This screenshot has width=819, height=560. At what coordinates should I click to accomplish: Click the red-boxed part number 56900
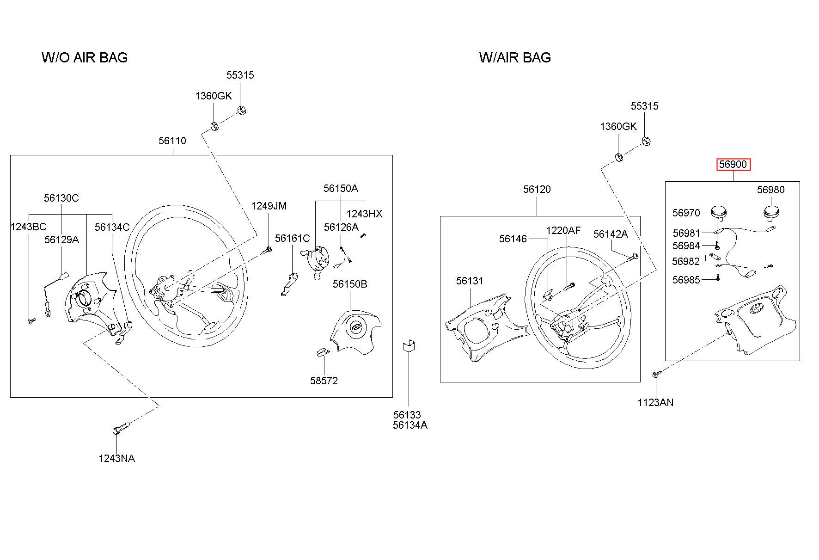(733, 164)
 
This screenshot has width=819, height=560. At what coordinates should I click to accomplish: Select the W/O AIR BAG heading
(85, 57)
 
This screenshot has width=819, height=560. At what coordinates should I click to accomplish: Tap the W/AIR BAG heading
(515, 57)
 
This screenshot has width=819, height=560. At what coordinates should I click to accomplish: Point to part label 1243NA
(117, 458)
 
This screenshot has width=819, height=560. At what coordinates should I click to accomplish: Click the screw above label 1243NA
(121, 428)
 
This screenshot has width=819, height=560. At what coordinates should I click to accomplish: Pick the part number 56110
(172, 141)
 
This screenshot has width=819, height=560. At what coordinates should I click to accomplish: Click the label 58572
(324, 381)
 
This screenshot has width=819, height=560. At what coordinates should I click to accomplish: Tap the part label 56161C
(293, 238)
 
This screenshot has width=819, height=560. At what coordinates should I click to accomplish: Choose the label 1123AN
(655, 402)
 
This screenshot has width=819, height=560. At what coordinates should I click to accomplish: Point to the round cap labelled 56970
(719, 212)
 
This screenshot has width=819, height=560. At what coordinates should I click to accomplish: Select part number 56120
(537, 189)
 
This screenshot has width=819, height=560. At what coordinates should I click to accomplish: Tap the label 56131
(470, 281)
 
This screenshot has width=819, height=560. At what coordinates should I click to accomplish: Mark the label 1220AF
(563, 230)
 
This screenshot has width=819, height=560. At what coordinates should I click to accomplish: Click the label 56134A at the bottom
(410, 425)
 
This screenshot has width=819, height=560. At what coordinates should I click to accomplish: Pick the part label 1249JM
(269, 206)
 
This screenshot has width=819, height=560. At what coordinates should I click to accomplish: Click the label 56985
(686, 280)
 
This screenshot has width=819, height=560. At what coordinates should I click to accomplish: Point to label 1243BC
(29, 227)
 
